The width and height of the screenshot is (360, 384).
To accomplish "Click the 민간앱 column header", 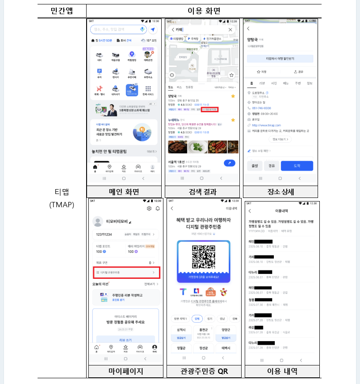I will click(x=62, y=11).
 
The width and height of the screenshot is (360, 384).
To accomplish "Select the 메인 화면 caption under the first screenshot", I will click(x=124, y=192).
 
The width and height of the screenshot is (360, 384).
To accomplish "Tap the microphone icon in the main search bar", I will click(x=142, y=29).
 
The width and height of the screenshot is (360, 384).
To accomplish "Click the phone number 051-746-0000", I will click(x=262, y=108).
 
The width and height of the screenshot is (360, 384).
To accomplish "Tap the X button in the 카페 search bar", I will click(x=230, y=30).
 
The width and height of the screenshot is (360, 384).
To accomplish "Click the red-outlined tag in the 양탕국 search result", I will click(x=210, y=109).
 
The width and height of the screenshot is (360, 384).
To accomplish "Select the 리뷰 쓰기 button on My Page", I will click(x=125, y=339).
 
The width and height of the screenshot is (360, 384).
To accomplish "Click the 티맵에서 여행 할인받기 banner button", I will click(x=280, y=58).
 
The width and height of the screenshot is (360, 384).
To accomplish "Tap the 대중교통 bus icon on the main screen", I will click(x=115, y=56).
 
